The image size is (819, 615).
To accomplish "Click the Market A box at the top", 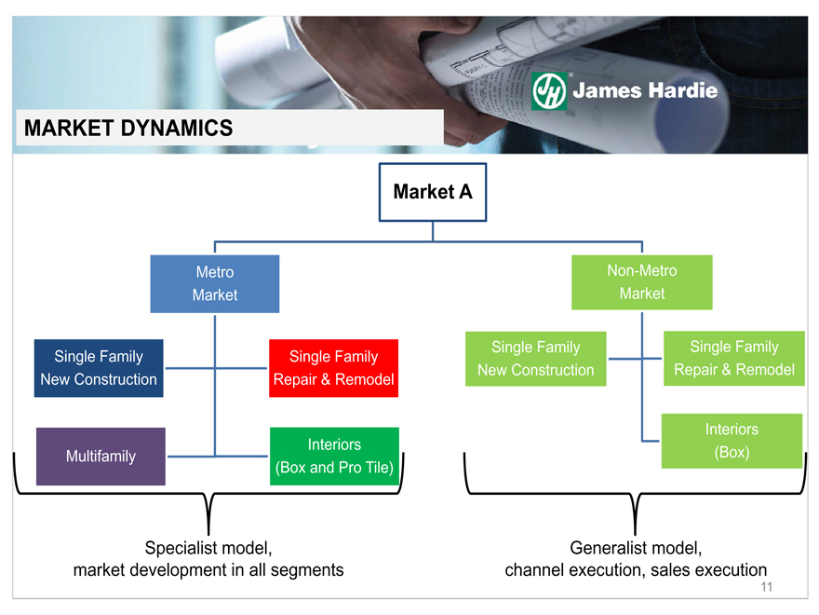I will coord(432,192).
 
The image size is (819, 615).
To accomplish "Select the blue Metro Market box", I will coord(215,283).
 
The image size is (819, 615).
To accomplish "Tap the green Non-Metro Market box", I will coord(642,281).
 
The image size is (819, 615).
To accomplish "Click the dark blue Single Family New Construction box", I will coord(99,368).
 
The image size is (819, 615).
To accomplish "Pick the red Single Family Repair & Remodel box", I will coord(333,368).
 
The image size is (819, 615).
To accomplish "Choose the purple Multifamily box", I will coord(101,456).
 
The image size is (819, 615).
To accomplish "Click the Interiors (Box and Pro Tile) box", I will coord(334,456).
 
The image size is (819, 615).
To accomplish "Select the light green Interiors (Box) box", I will coord(732,441).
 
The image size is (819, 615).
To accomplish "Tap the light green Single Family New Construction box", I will coord(535,359).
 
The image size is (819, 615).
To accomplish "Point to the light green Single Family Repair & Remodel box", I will coord(734,358).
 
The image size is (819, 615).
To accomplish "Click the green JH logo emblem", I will coord(549,91).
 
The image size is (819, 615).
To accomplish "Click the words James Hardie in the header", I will coord(645,91).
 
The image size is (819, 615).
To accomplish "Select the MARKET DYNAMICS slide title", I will coord(128,129).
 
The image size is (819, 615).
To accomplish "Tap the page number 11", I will coord(767,587).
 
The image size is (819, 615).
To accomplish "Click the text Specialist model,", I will coord(208,547).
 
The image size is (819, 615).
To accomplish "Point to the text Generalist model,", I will coord(636,547).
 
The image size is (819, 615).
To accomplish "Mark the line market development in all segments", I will coord(208,569).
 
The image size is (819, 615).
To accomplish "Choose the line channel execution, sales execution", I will coord(636,569).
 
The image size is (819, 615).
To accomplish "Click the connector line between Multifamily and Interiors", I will coord(217,457).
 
